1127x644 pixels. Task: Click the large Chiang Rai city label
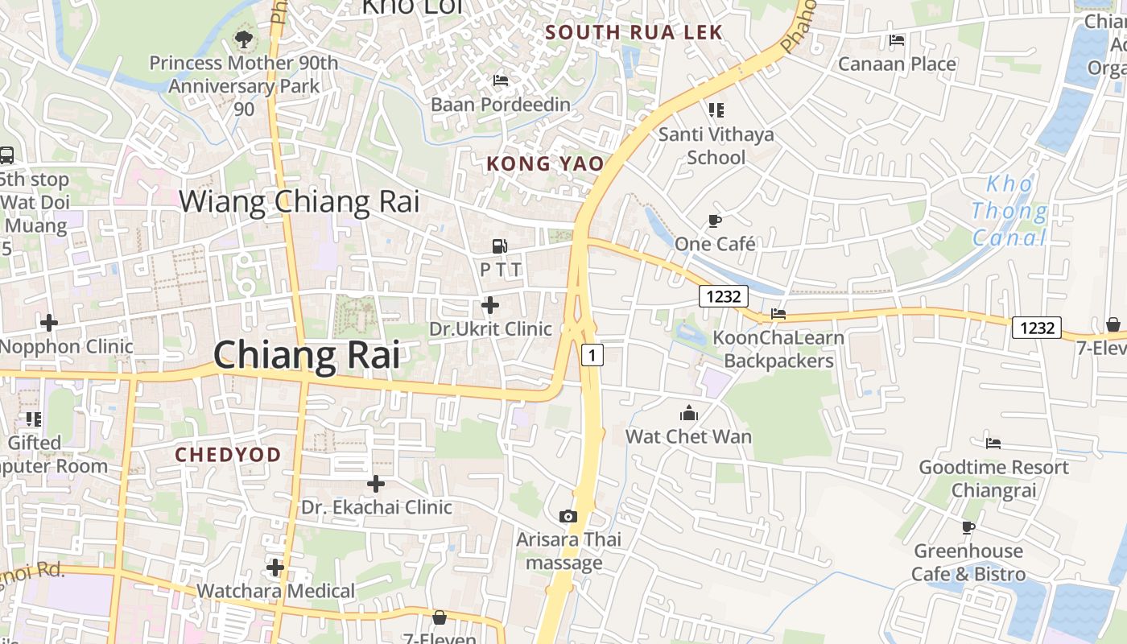307,355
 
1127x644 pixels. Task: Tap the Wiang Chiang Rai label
299,201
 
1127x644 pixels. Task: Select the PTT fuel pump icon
500,246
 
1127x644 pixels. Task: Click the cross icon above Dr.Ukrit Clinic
489,305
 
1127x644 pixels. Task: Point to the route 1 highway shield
592,354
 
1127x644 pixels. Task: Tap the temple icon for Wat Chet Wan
689,414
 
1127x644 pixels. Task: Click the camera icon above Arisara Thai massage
568,516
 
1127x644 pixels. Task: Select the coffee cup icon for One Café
714,221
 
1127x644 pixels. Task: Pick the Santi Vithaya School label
716,146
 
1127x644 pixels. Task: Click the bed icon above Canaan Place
897,40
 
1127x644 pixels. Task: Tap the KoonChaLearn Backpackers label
778,349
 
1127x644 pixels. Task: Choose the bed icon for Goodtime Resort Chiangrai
993,443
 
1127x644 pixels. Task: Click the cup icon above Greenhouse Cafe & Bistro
968,527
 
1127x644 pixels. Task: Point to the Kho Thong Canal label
1009,211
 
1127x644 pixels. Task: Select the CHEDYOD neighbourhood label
229,455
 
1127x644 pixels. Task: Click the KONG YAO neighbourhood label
545,164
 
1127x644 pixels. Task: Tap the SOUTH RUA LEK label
634,33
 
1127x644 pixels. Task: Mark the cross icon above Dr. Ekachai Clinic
375,484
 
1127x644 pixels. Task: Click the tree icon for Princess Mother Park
243,38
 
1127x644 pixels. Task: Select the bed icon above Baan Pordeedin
500,80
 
